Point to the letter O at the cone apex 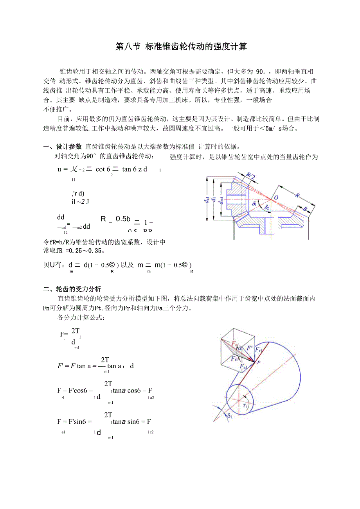(x=276, y=198)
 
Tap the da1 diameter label (x=206, y=200)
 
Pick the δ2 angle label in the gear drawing (x=267, y=207)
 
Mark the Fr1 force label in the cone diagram (x=259, y=350)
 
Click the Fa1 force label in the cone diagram (x=243, y=367)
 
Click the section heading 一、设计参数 (x=63, y=147)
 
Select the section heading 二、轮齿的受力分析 (x=72, y=289)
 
